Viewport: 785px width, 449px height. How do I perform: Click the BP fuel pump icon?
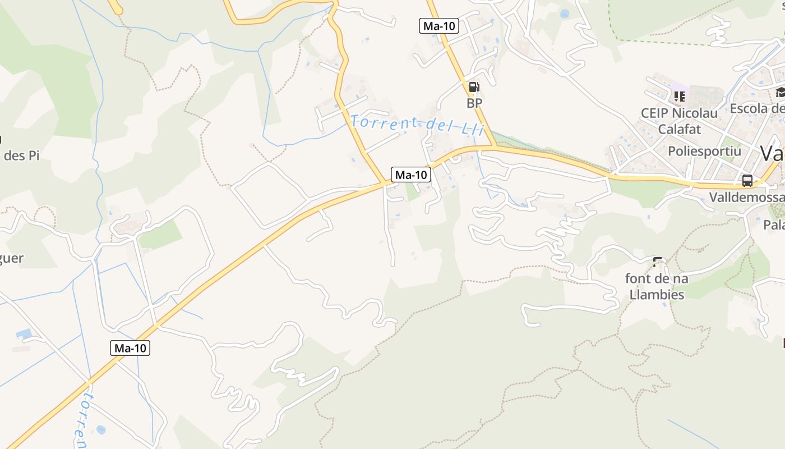[x=474, y=87]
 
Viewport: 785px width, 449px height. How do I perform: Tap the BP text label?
[x=474, y=103]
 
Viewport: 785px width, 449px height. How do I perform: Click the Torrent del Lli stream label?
[x=417, y=124]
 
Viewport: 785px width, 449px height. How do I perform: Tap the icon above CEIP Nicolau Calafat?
[x=680, y=96]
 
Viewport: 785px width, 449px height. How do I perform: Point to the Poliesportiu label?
[x=704, y=151]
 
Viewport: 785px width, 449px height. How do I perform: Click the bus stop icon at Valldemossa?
[x=747, y=181]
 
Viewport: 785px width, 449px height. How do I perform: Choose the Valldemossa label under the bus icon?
[x=746, y=198]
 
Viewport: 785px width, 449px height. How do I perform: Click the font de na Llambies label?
[x=657, y=286]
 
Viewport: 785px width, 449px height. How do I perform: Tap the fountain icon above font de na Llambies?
[x=657, y=262]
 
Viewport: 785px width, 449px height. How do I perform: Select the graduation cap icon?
[x=781, y=93]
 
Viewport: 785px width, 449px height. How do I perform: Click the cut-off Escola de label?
[x=757, y=108]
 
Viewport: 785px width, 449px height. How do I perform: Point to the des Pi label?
[x=21, y=155]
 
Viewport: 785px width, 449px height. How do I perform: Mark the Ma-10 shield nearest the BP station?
[x=439, y=26]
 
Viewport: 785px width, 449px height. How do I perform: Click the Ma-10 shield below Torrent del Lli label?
[x=411, y=175]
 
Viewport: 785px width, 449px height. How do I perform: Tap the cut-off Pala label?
[x=774, y=225]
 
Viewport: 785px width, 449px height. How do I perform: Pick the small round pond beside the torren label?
[x=100, y=429]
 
